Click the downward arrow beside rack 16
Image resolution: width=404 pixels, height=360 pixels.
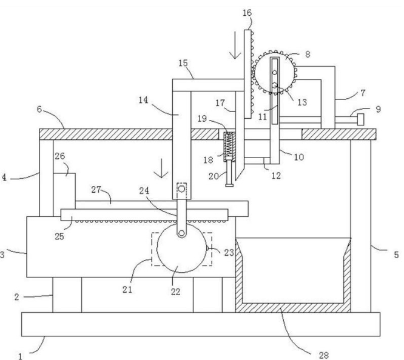point(235,45)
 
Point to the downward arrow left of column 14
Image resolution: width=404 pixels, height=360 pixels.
point(161,168)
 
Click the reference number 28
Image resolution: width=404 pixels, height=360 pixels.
point(323,356)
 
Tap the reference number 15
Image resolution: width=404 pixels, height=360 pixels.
point(183,64)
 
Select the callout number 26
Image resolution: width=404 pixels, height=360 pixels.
point(60,156)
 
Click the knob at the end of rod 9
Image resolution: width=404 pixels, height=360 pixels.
point(361,119)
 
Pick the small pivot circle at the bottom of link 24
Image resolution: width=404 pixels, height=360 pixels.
point(181,233)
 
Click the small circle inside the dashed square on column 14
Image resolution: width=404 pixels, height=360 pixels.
point(181,189)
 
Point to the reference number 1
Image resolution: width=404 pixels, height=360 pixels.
point(21,356)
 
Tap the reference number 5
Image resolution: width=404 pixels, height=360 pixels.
point(396,255)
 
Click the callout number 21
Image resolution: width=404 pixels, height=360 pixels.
point(127,290)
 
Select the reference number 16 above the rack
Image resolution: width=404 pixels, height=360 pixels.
point(247,13)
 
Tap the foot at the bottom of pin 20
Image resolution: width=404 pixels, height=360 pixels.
point(229,185)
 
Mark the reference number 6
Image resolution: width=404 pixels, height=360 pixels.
point(39,109)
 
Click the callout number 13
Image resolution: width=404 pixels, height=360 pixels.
point(302,102)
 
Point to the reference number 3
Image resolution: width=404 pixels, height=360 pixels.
point(2,255)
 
